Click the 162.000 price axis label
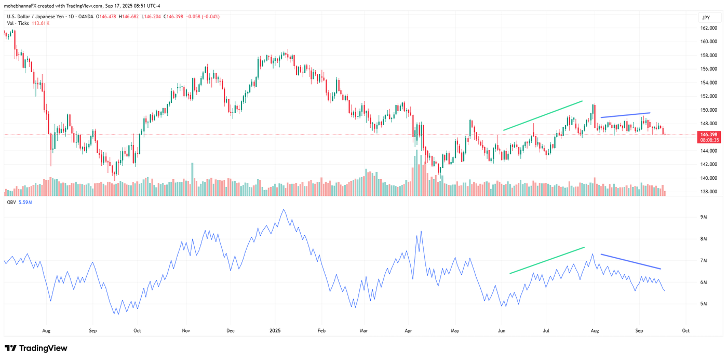[x=709, y=42]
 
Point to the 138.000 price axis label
[x=709, y=192]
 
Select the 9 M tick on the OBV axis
[x=704, y=217]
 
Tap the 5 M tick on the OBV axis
[x=704, y=304]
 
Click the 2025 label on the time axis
[x=275, y=330]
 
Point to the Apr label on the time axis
[x=408, y=330]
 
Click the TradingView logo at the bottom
[x=36, y=348]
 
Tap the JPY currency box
[x=706, y=17]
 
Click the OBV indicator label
[x=11, y=202]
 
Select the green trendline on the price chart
[x=543, y=115]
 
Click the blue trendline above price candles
[x=625, y=115]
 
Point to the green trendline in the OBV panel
[x=547, y=260]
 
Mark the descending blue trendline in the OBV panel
[x=630, y=261]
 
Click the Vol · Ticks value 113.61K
[x=41, y=23]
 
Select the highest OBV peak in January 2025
[x=283, y=210]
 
